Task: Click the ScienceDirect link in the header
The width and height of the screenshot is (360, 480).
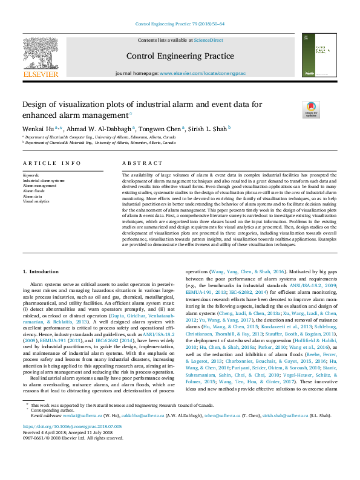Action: pos(208,40)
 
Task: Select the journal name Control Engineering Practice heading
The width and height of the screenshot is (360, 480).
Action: pos(180,56)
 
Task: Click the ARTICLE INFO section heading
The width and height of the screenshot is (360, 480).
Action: pos(51,163)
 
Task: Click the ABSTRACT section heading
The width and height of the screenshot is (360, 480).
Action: pos(142,163)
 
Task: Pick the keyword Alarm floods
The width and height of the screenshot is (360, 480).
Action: pos(33,190)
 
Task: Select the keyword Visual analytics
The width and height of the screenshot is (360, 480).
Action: pos(36,201)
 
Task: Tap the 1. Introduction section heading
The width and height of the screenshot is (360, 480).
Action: pos(41,271)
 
